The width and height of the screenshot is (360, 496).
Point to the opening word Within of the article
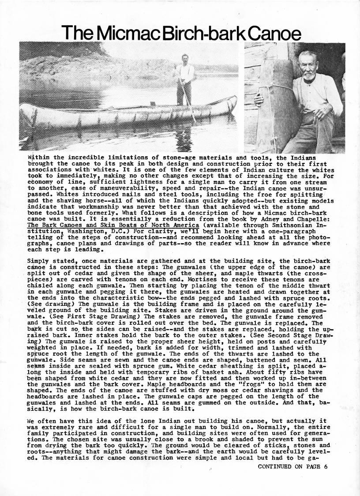(x=38, y=157)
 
